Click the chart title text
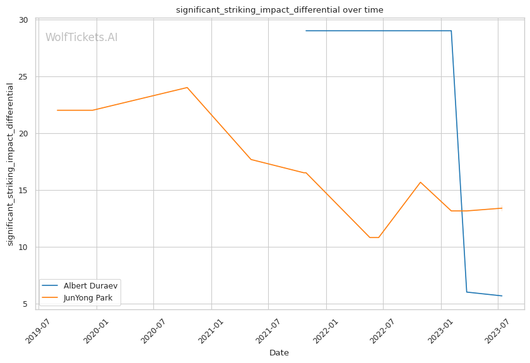(280, 10)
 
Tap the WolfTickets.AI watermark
(81, 38)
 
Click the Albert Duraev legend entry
(90, 286)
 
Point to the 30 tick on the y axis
(23, 20)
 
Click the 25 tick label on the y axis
(23, 77)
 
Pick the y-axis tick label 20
(23, 134)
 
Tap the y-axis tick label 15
(23, 191)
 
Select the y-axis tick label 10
(23, 247)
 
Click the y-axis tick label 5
(26, 304)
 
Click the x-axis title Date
(279, 353)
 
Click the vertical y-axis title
(10, 164)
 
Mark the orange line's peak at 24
(187, 88)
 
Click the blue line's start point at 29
(306, 30)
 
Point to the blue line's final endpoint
(502, 296)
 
